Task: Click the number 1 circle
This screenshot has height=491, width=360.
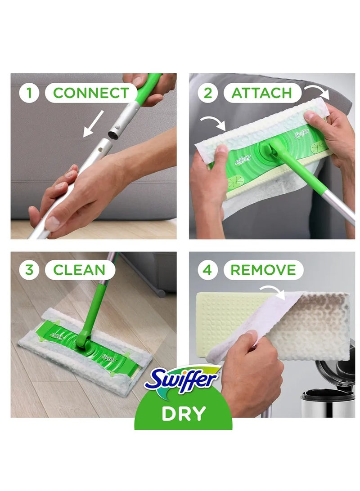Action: pos(30,93)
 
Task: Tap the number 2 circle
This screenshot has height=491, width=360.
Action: pos(208,93)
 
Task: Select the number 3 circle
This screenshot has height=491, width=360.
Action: pos(30,270)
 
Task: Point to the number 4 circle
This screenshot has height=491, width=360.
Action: pos(208,270)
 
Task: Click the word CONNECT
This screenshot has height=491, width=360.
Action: pos(91,93)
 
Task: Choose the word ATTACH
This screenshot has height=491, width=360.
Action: pos(261,93)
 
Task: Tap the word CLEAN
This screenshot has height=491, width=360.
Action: pos(79,270)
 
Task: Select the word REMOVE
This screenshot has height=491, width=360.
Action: pos(263,270)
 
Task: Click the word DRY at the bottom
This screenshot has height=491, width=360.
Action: pos(184,413)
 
